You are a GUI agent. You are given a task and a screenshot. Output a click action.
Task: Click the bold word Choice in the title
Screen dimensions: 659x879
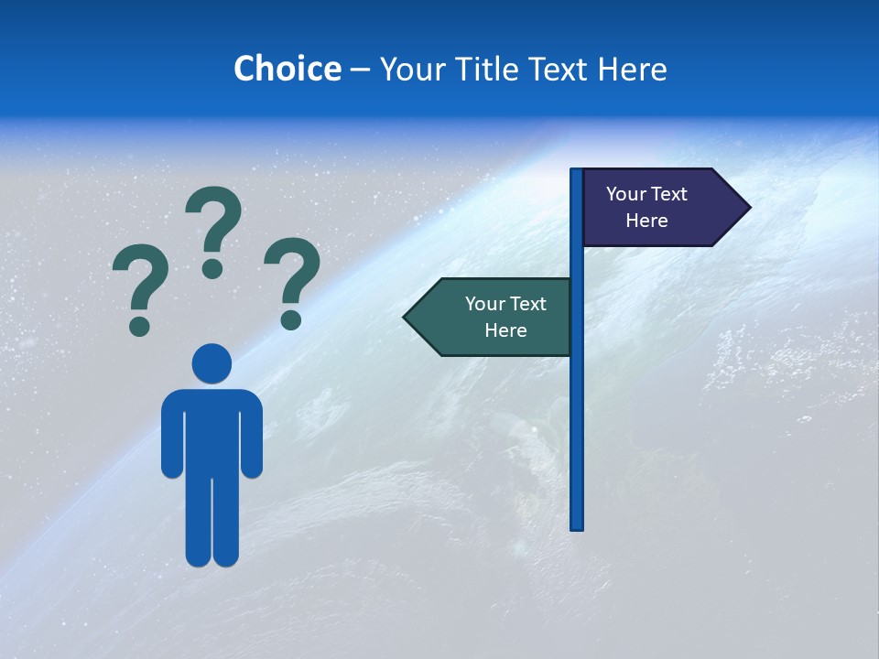[x=287, y=69]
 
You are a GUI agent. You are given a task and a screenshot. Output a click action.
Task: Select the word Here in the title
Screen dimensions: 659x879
[x=632, y=69]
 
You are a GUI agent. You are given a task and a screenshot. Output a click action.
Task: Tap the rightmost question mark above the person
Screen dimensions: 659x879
[x=292, y=279]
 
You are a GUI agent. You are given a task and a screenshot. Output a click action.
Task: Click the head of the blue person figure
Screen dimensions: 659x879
[x=212, y=363]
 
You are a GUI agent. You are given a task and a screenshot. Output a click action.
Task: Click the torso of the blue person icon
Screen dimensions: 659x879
[x=212, y=430]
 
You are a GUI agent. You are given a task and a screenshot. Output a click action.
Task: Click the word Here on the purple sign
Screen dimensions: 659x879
[x=646, y=221]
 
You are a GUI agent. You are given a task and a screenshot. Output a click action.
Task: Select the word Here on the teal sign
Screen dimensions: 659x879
[x=505, y=330]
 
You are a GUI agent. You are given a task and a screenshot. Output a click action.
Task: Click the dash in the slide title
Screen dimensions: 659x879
[x=360, y=70]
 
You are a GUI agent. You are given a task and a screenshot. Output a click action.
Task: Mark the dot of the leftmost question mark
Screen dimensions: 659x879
[x=139, y=326]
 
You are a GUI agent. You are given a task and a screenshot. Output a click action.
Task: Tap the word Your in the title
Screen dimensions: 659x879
[x=405, y=69]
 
